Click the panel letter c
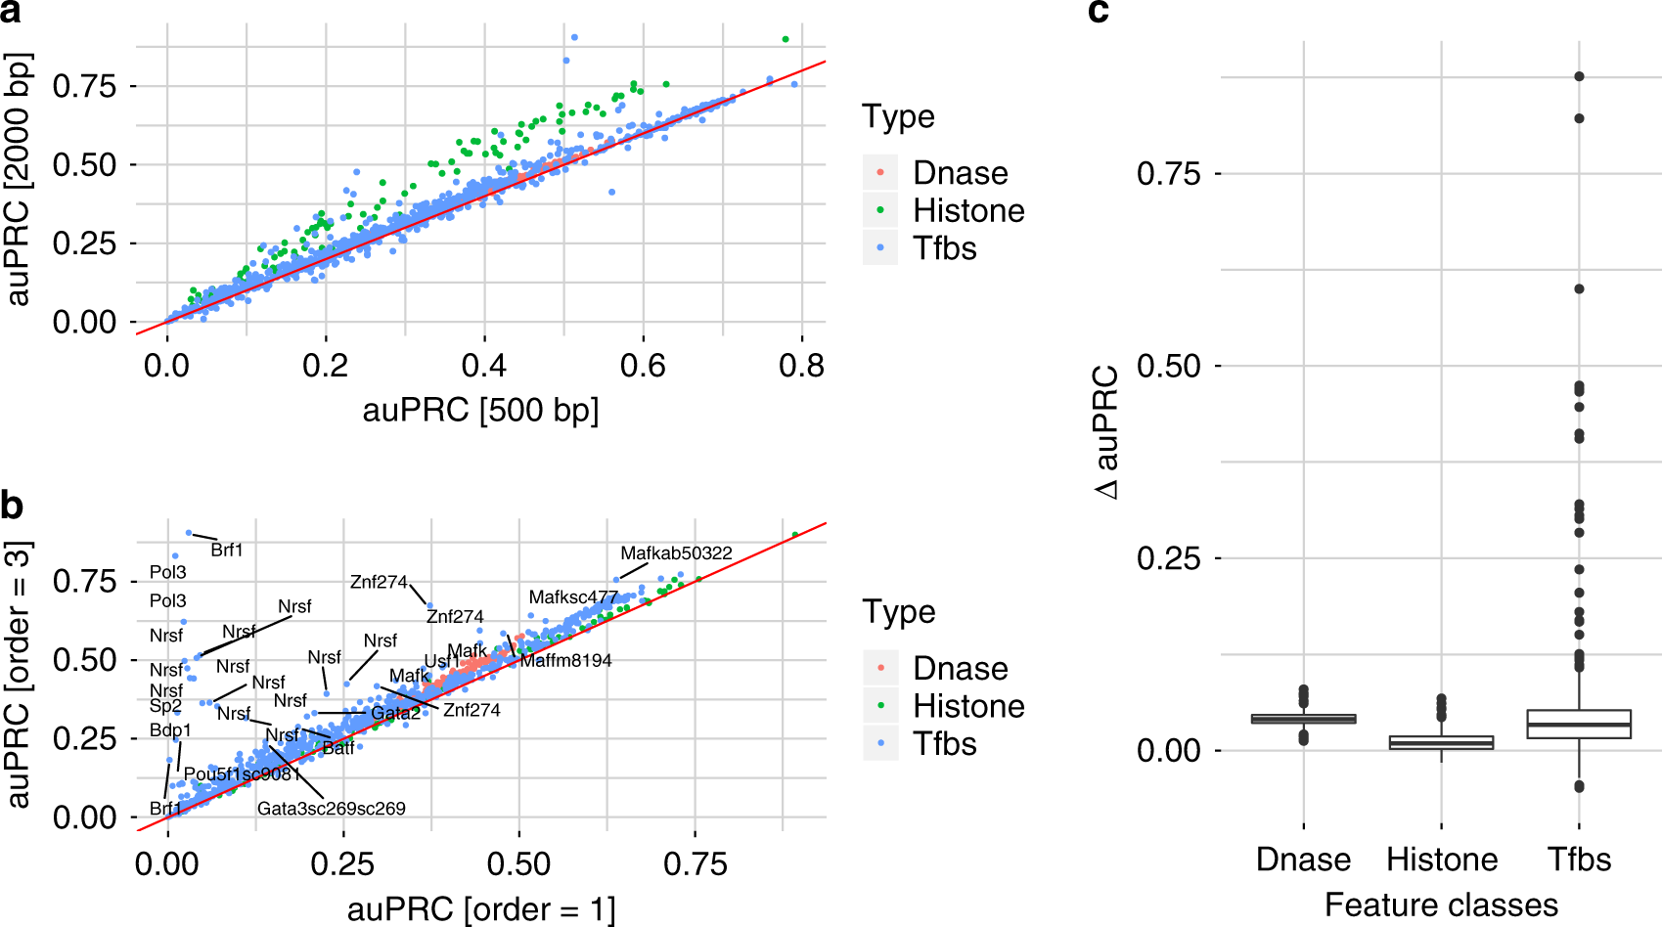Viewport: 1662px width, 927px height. tap(1099, 12)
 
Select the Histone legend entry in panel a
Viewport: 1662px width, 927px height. tap(968, 210)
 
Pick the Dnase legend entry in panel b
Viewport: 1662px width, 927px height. tap(960, 668)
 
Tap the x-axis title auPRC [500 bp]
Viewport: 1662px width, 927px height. tap(480, 410)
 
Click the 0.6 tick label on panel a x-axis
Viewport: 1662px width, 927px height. tap(643, 366)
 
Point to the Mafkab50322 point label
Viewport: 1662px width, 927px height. tap(676, 553)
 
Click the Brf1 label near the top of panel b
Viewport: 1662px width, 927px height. tap(226, 551)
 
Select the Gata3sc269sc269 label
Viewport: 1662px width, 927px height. tap(331, 809)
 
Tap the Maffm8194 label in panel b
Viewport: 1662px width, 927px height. tap(565, 661)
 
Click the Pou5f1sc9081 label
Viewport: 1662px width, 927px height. tap(242, 774)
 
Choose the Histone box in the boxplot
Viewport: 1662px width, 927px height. tap(1441, 742)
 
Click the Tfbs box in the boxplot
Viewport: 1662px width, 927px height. tap(1579, 724)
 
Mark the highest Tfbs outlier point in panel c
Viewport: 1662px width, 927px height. tap(1579, 76)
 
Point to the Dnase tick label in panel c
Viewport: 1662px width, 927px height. tap(1303, 860)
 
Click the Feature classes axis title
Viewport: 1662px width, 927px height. tap(1441, 905)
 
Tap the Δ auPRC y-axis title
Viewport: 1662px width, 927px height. tap(1106, 432)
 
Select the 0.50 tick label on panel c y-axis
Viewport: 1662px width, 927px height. tap(1168, 367)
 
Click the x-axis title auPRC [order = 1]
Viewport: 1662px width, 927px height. tap(480, 909)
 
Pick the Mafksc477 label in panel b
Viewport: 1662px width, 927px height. tap(573, 597)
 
